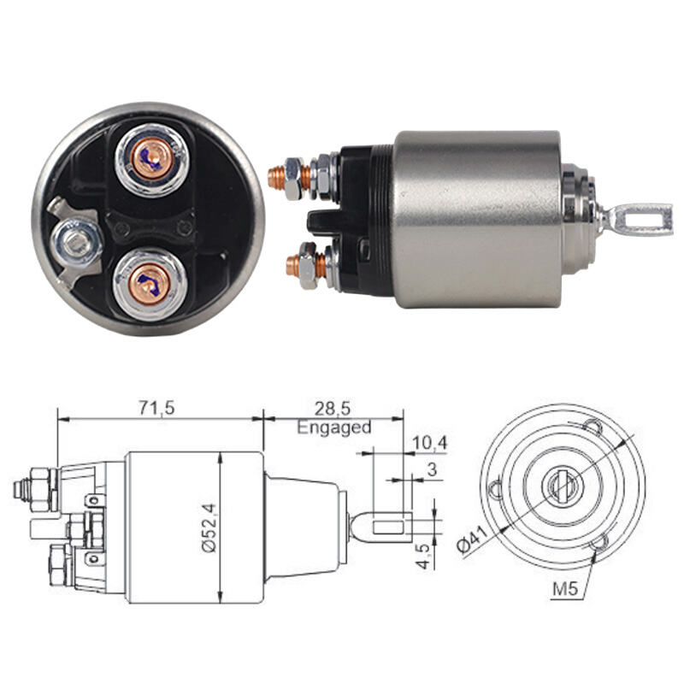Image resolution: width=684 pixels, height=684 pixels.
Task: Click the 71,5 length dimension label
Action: coord(157,408)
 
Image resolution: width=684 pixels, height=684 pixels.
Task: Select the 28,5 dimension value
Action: coord(333,409)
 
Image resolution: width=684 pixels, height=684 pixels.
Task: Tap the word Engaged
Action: coord(334,427)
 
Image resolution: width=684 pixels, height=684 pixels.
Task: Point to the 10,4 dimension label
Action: coord(430,443)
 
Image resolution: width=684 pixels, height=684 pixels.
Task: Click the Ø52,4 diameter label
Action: coord(209,528)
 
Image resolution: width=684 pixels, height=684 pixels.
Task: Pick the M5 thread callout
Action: coord(565,589)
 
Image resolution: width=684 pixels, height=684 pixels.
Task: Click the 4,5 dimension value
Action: coord(423,557)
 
